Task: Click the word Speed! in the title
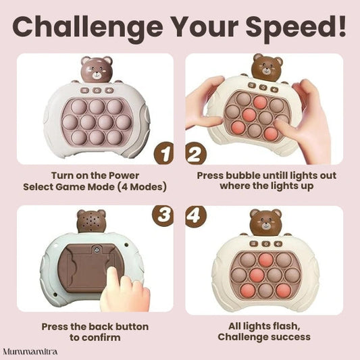(x=296, y=27)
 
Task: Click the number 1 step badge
(x=163, y=153)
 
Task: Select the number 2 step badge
(x=196, y=153)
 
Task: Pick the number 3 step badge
(x=163, y=216)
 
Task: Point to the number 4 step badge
(x=196, y=216)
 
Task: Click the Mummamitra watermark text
(x=30, y=351)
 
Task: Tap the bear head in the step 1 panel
(x=97, y=69)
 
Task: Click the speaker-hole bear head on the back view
(x=91, y=222)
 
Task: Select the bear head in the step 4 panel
(x=265, y=222)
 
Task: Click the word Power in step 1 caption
(x=124, y=176)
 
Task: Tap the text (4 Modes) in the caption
(x=142, y=186)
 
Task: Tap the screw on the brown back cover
(x=96, y=249)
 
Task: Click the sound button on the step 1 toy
(x=109, y=90)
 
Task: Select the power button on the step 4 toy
(x=266, y=244)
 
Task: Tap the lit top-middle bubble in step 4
(x=265, y=259)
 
